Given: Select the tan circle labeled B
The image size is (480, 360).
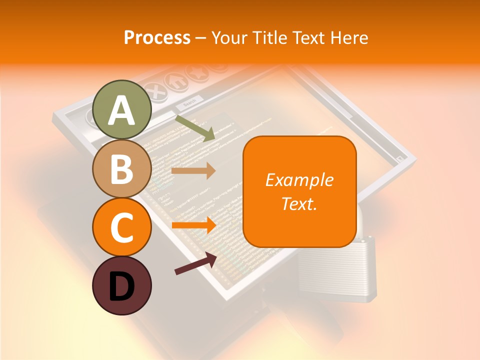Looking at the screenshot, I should tap(122, 169).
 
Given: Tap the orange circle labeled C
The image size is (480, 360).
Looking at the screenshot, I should tap(122, 227).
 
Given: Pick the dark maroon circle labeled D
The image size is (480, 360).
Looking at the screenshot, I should tap(122, 286).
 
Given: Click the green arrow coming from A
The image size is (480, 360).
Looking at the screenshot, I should tap(195, 128).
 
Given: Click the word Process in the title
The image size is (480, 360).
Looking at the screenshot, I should tap(157, 38).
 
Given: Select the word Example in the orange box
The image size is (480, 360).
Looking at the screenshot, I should tap(299, 180).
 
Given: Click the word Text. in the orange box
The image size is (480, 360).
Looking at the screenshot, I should tap(299, 203).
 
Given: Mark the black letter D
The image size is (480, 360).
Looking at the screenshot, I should tap(122, 287).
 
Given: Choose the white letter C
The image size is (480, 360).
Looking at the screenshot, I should tap(122, 228).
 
